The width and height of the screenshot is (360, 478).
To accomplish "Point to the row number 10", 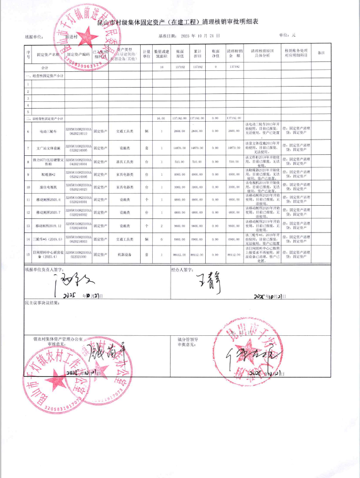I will pyautogui.click(x=28, y=186).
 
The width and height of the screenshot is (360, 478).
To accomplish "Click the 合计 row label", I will pyautogui.click(x=45, y=67).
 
